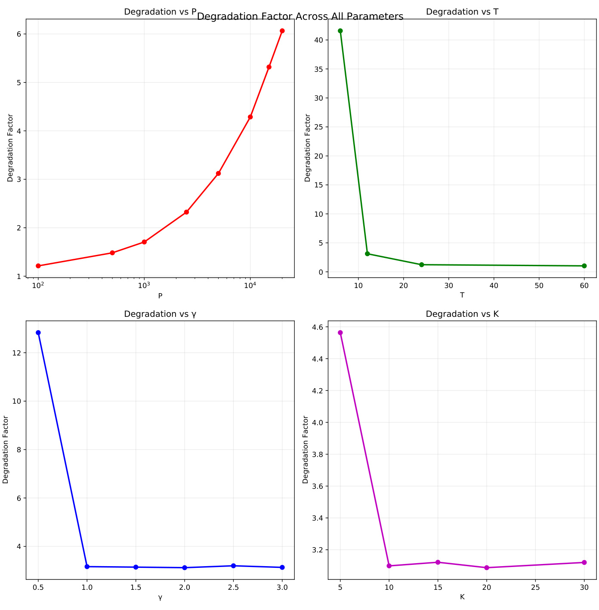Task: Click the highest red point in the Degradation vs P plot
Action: (x=282, y=31)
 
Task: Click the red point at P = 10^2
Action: (x=38, y=266)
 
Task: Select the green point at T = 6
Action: (x=340, y=31)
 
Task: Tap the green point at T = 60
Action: (x=584, y=266)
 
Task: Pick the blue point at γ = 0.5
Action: (x=38, y=333)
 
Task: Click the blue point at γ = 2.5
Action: (x=233, y=566)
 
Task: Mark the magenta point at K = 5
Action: (x=340, y=333)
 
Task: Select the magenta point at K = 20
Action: (x=487, y=567)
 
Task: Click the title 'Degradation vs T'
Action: (x=462, y=12)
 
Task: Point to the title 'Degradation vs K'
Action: (x=462, y=314)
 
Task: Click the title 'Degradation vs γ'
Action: (x=160, y=314)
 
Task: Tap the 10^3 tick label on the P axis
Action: (x=144, y=285)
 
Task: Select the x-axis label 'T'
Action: (x=462, y=295)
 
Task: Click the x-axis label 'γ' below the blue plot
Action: (x=160, y=597)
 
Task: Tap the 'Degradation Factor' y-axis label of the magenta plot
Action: (x=306, y=450)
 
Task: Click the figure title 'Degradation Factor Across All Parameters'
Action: (x=300, y=17)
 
